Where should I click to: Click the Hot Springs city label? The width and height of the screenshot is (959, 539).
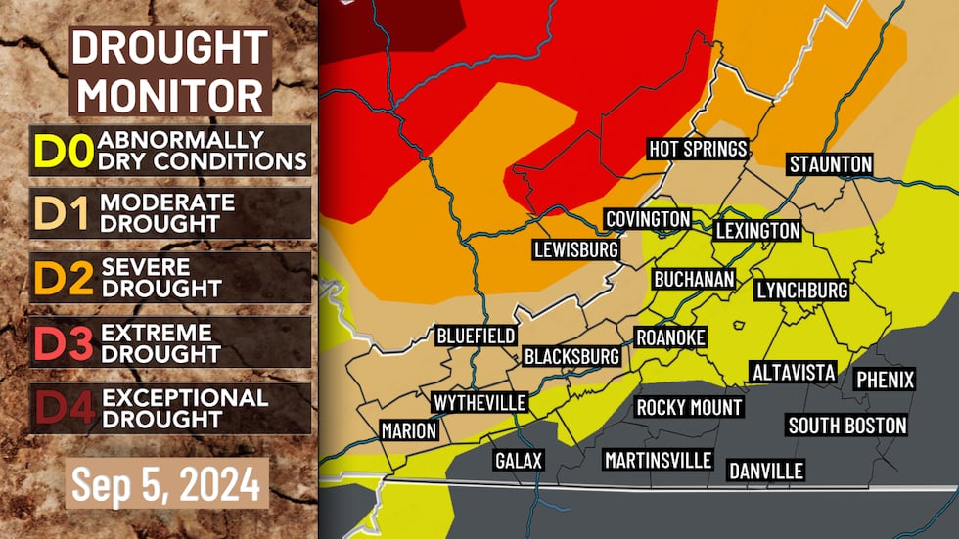[699, 150]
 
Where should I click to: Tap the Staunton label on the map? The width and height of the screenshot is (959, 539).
[830, 164]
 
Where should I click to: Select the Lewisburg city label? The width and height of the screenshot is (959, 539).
[576, 249]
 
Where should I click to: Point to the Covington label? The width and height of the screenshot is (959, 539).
[648, 219]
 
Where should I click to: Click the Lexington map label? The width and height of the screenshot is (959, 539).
[757, 231]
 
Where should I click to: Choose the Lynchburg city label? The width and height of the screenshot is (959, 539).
[801, 291]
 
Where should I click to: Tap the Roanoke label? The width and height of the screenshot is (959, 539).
[670, 337]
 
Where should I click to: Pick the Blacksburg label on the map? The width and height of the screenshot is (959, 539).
[572, 356]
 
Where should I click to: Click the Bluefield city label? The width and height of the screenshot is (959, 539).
[476, 337]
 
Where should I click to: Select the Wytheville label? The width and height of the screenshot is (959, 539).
[479, 403]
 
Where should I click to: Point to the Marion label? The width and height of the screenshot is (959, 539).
[409, 430]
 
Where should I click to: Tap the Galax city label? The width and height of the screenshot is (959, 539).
[518, 460]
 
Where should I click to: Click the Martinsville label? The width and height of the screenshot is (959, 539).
[657, 460]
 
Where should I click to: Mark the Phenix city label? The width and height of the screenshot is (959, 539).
[885, 380]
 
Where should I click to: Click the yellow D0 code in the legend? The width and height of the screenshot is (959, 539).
[63, 151]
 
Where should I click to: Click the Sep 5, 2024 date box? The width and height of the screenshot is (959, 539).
[167, 483]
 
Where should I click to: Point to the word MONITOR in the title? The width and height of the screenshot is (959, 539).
[171, 95]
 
